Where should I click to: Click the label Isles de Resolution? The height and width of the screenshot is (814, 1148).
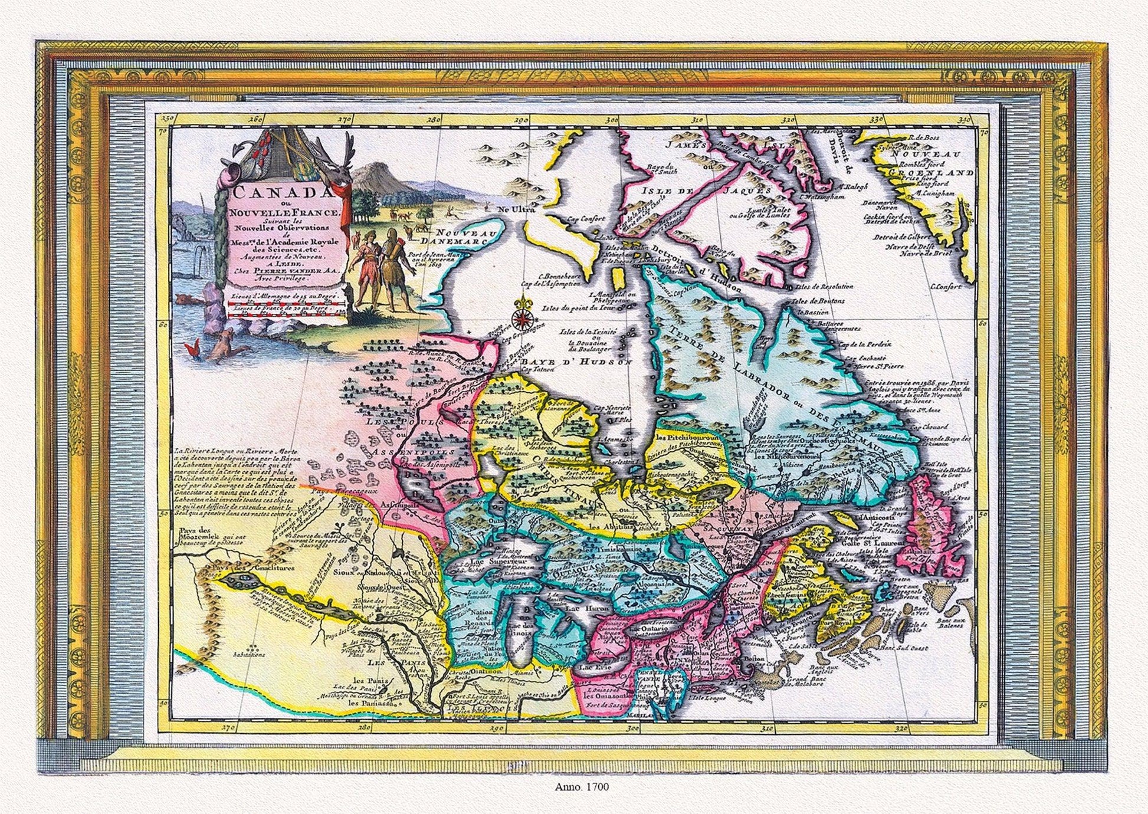(824, 286)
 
